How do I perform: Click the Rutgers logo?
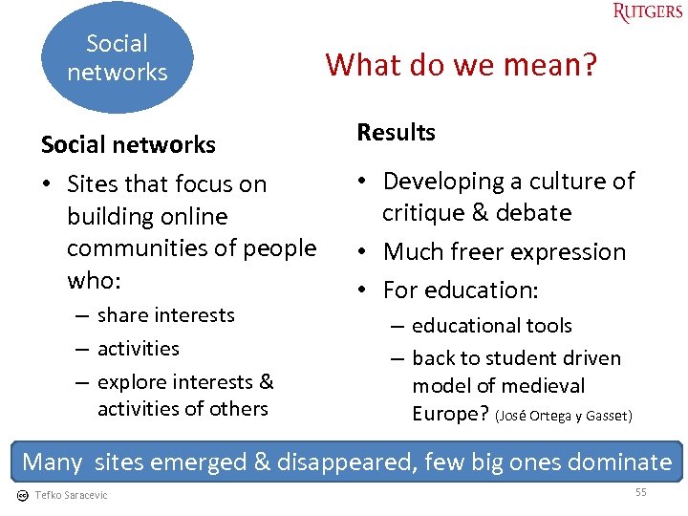[647, 12]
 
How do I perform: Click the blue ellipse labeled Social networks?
[118, 57]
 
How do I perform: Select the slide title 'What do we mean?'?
[461, 64]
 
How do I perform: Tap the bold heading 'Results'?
[396, 133]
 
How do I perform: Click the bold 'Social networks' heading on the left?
[128, 144]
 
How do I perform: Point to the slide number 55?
[641, 491]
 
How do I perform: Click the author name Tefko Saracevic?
[71, 495]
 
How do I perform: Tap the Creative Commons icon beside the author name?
[23, 495]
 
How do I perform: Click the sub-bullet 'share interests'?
[165, 315]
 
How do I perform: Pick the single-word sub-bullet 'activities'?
[138, 349]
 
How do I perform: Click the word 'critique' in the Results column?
[423, 213]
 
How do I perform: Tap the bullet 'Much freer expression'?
[504, 252]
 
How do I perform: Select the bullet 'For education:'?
[461, 290]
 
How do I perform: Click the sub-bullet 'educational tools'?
[491, 326]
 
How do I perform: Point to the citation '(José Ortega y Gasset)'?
[564, 416]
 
